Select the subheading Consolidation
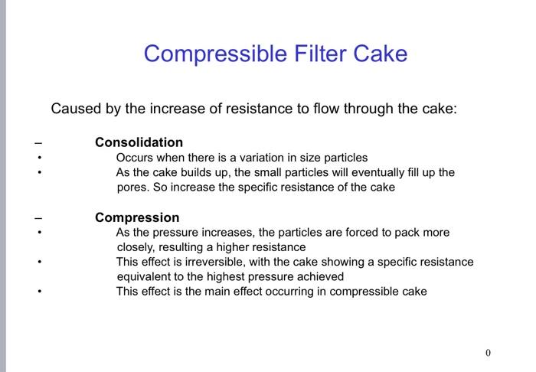click(139, 142)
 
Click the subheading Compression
click(137, 217)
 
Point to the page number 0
click(488, 353)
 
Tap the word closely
click(136, 247)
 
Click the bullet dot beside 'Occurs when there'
click(39, 158)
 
